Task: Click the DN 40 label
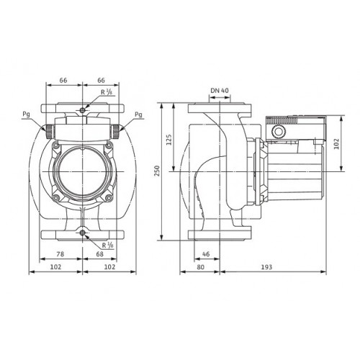click(x=220, y=91)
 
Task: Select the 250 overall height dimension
click(x=157, y=171)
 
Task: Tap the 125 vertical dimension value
click(x=169, y=140)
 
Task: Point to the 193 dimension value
click(x=266, y=267)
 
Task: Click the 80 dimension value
click(x=199, y=267)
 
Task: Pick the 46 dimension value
click(x=206, y=253)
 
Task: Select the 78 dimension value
click(x=60, y=253)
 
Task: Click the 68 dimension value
click(x=99, y=253)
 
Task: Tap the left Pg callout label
click(x=26, y=114)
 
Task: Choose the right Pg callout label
click(x=138, y=114)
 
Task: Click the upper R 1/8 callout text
click(x=107, y=92)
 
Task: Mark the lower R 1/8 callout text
click(x=107, y=245)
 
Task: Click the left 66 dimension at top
click(x=63, y=80)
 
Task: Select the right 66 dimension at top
click(x=101, y=80)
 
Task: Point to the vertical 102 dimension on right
click(x=336, y=143)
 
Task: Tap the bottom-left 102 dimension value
click(x=55, y=267)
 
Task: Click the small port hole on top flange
click(x=83, y=110)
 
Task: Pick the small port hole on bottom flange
click(x=83, y=233)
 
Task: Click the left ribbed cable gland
click(x=50, y=132)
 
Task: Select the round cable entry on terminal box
click(x=279, y=132)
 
